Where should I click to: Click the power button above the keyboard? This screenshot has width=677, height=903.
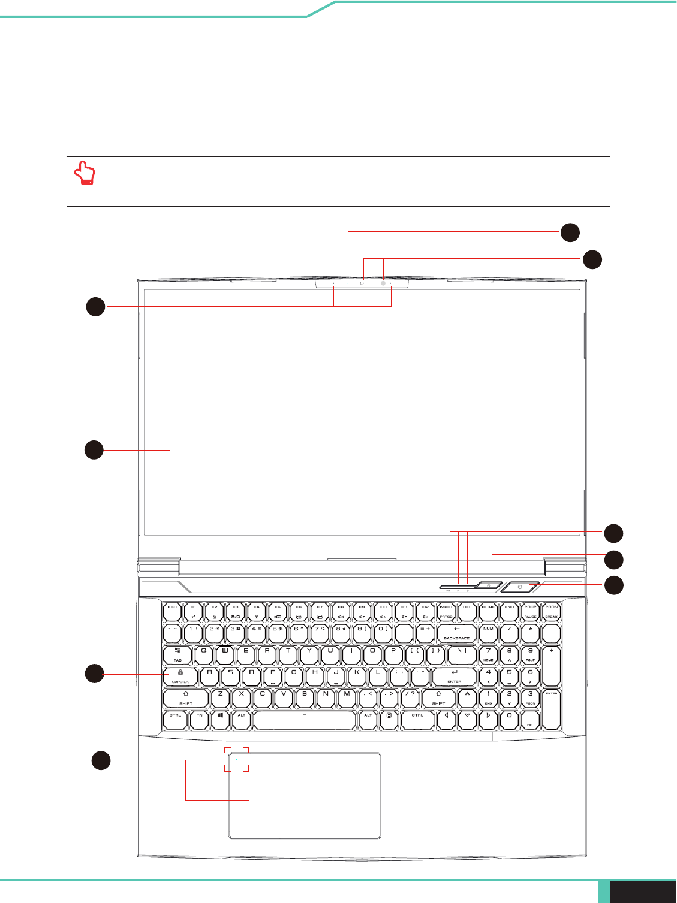coord(520,587)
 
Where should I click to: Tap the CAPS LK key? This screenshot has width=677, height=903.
coord(180,677)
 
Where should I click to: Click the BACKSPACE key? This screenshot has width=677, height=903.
coord(456,633)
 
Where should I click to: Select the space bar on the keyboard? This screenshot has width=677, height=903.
coord(305,720)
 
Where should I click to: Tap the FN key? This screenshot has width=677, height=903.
coord(199,720)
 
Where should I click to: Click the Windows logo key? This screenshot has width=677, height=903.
coord(221,720)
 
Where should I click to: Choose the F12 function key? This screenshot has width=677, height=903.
coord(425,611)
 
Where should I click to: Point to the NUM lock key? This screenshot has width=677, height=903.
coord(488,633)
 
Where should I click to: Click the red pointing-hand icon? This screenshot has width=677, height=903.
coord(85,173)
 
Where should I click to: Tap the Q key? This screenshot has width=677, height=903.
coord(204,654)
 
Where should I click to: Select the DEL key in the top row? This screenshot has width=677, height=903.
coord(467,611)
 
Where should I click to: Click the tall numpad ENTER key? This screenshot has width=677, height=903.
coord(551,709)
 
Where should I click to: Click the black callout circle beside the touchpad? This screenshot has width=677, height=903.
coord(101,760)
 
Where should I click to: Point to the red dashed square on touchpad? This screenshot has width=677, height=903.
coord(237,759)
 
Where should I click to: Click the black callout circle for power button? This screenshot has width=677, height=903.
coord(613,585)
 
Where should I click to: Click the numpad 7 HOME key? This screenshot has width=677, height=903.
coord(488,654)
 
